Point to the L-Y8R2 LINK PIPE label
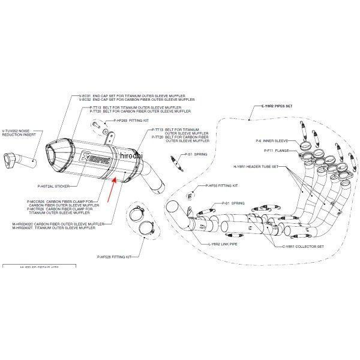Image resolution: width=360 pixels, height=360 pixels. click(x=222, y=245)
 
